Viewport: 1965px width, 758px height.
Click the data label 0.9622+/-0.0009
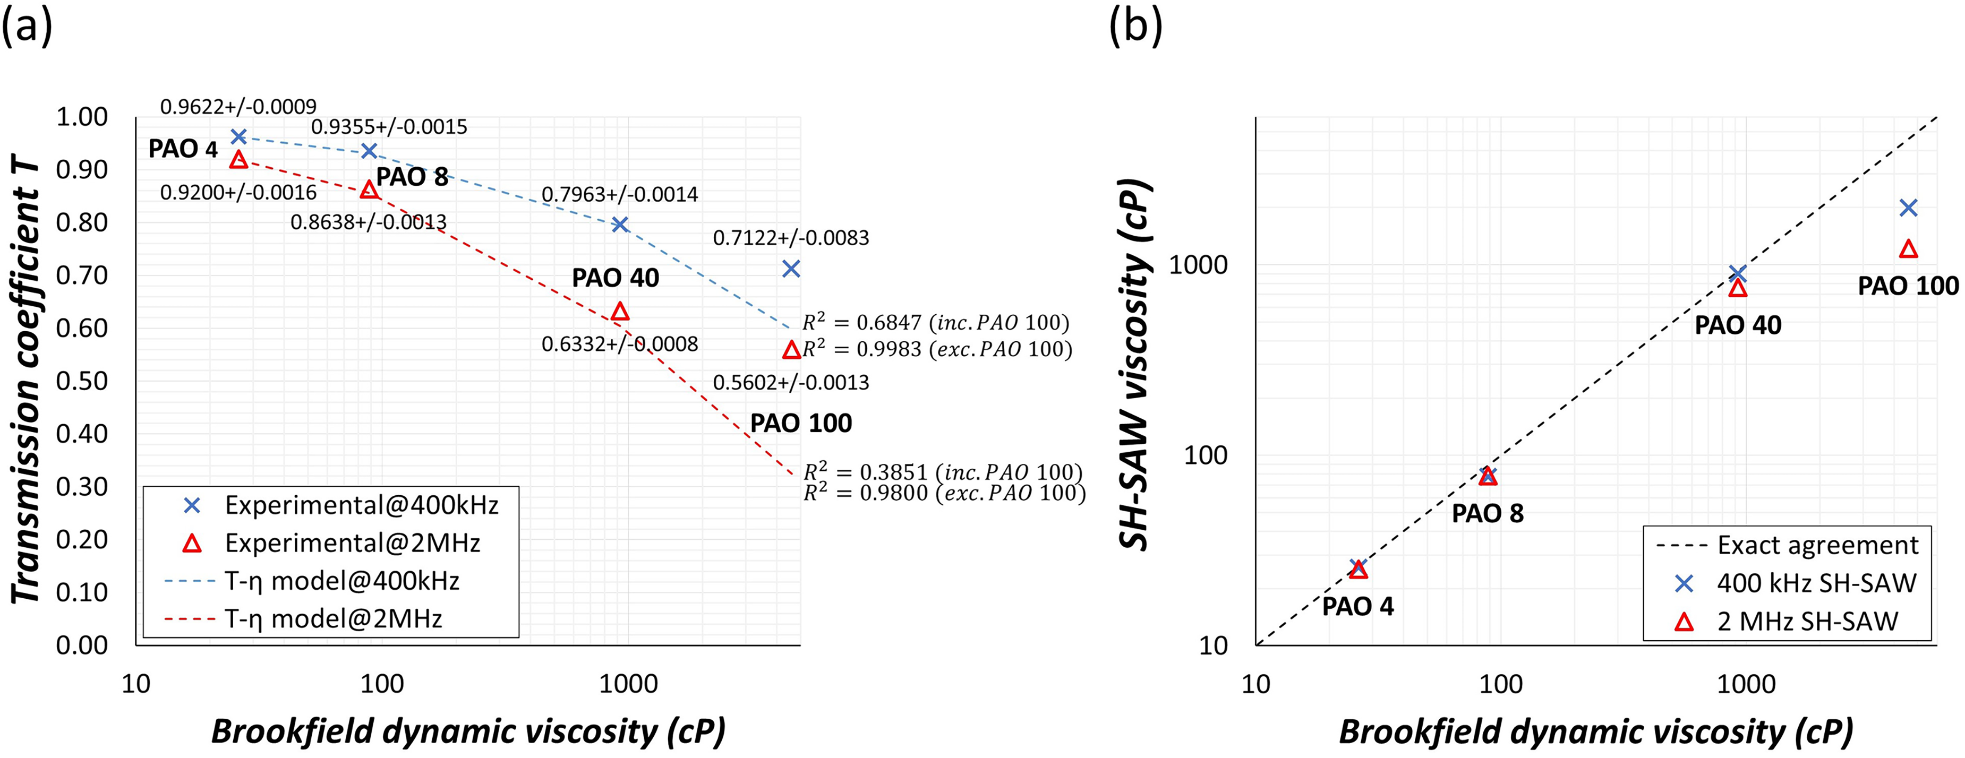tap(238, 107)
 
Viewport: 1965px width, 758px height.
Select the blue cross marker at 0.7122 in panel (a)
tap(791, 269)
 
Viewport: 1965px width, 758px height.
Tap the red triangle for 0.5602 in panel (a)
tap(791, 349)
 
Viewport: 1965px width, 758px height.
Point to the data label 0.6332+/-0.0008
tap(619, 344)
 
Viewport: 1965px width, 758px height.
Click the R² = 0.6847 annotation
tap(936, 323)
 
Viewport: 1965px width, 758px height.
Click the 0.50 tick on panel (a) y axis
tap(82, 381)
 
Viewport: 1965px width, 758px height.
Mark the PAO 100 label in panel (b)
tap(1908, 286)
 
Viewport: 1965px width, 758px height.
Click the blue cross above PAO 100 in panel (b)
tap(1908, 208)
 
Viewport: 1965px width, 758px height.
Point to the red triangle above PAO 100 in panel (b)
tap(1908, 248)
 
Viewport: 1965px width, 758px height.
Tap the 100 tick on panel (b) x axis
tap(1500, 684)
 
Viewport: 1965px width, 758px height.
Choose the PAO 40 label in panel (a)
tap(616, 278)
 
